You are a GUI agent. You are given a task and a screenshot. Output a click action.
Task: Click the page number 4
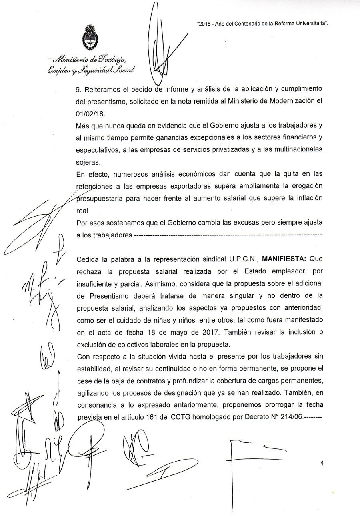322,463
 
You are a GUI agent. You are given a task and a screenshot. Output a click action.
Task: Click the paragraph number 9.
78,88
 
